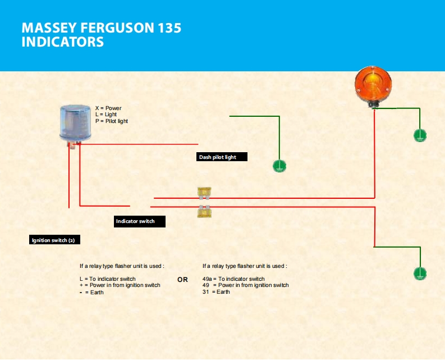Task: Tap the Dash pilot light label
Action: pyautogui.click(x=222, y=157)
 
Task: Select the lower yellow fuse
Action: pyautogui.click(x=204, y=211)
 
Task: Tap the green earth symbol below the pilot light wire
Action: pyautogui.click(x=279, y=165)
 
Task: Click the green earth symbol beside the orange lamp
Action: pyautogui.click(x=420, y=135)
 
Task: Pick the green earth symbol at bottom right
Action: pyautogui.click(x=420, y=274)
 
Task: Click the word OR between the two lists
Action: pyautogui.click(x=182, y=280)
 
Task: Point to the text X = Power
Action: pyautogui.click(x=108, y=108)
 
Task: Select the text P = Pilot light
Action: pyautogui.click(x=112, y=121)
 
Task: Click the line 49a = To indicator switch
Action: pyautogui.click(x=233, y=279)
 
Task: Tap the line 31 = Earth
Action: pyautogui.click(x=216, y=292)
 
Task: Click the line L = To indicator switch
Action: pyautogui.click(x=108, y=279)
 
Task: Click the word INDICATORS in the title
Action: pyautogui.click(x=62, y=42)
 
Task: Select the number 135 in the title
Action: pyautogui.click(x=168, y=28)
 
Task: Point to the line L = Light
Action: pyautogui.click(x=106, y=115)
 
